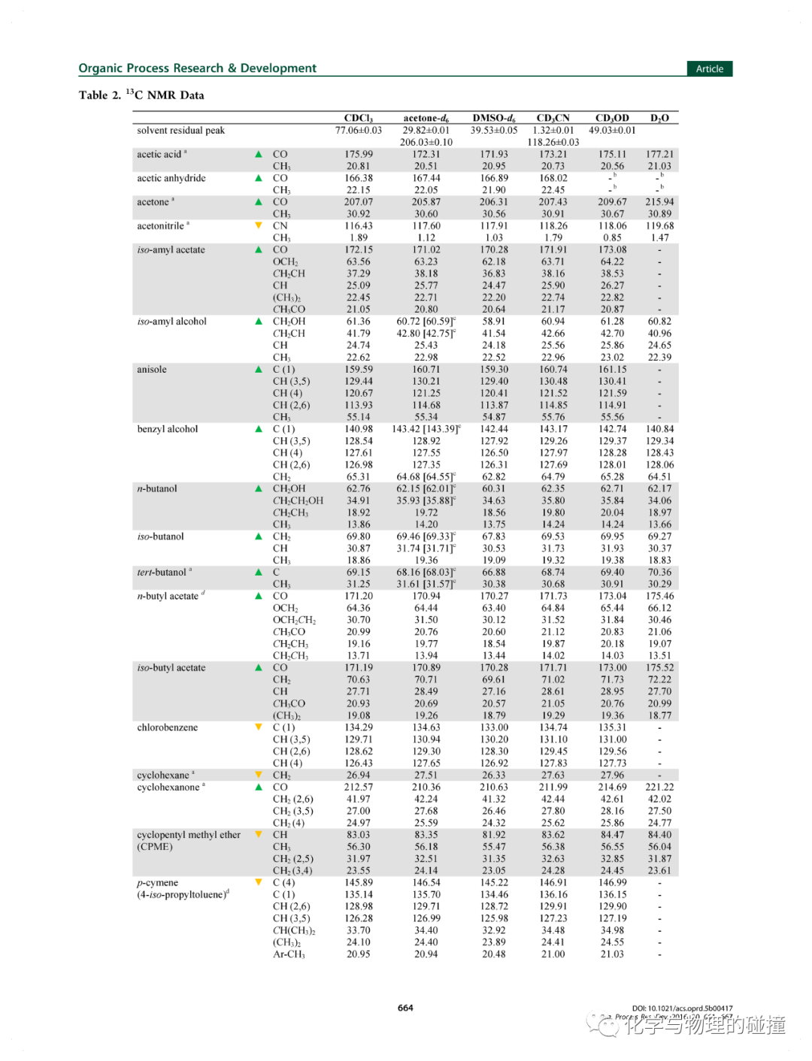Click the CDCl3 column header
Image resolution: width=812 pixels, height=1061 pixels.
(x=358, y=118)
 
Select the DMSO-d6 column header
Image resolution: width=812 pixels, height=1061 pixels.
(x=494, y=118)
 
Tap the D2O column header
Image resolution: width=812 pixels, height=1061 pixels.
(x=659, y=118)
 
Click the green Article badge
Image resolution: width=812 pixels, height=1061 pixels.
(x=709, y=68)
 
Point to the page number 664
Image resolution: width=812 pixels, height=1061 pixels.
(x=405, y=1008)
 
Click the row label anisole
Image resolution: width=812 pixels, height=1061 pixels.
(x=152, y=370)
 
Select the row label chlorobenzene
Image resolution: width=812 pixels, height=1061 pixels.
(x=168, y=727)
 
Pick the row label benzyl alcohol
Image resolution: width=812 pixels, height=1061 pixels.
(x=168, y=429)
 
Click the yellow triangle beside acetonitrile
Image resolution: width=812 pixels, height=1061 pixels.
(x=259, y=225)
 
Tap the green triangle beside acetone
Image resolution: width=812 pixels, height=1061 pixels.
(x=259, y=202)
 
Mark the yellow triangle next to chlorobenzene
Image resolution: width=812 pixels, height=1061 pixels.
(x=259, y=727)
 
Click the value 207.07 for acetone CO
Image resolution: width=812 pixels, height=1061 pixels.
(x=358, y=202)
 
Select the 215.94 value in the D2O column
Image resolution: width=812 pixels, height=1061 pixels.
(x=659, y=202)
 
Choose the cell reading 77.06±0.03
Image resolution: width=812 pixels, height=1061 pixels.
(x=358, y=131)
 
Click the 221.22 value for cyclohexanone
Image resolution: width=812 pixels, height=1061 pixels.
(x=659, y=787)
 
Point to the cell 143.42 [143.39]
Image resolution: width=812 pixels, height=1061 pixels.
(x=426, y=429)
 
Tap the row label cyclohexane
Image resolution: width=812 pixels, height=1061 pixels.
(x=163, y=775)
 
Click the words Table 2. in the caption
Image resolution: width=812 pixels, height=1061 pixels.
(x=99, y=95)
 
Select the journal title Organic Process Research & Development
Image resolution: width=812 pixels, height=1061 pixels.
(x=197, y=68)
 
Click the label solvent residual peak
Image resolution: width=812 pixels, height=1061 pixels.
(x=180, y=131)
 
